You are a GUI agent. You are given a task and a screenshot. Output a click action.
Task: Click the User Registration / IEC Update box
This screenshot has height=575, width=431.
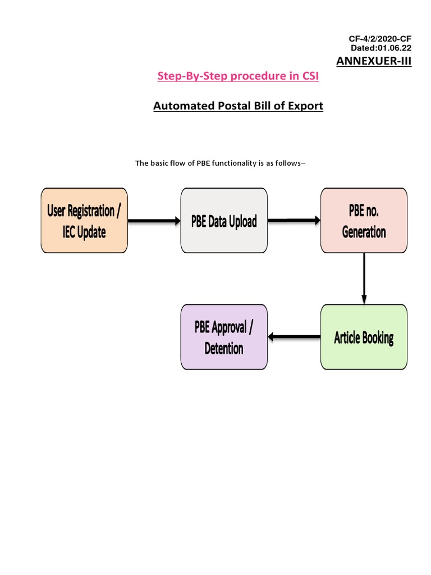point(84,220)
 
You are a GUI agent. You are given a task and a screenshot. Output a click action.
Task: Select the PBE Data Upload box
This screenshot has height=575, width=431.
point(224,220)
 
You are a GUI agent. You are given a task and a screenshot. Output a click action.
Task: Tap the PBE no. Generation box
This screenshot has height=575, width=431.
point(364,220)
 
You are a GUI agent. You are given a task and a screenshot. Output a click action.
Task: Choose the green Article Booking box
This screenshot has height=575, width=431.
point(364,337)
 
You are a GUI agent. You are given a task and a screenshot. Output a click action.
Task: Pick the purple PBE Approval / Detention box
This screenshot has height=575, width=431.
point(224,337)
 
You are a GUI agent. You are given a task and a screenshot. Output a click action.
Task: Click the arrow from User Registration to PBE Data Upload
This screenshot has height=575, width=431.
point(154,221)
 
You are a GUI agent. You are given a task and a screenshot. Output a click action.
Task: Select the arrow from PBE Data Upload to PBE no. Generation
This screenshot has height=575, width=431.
point(294,221)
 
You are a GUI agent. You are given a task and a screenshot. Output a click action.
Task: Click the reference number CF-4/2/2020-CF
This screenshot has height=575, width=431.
point(380,39)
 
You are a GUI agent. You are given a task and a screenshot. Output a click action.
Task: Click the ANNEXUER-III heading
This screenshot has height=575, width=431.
point(374,61)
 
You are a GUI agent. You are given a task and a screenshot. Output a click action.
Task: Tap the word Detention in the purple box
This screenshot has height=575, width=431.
point(224,348)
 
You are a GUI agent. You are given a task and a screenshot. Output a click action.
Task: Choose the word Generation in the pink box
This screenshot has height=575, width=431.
point(364,231)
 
